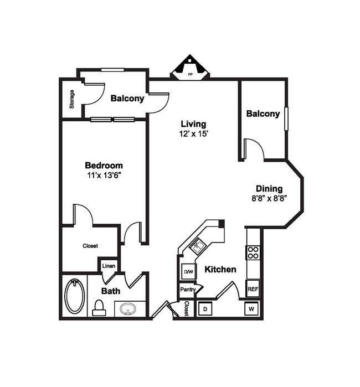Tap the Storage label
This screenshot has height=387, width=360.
[x=71, y=99]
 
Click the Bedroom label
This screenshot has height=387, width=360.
[x=104, y=165]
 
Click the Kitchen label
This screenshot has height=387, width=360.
[x=220, y=270]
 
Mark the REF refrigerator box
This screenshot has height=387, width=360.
[x=253, y=288]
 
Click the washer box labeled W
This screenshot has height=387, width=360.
[x=251, y=308]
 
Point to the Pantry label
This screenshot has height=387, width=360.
[x=187, y=290]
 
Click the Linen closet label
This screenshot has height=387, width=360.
[x=109, y=266]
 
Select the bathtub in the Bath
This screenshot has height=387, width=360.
[x=75, y=296]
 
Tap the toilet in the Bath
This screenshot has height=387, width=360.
[x=100, y=307]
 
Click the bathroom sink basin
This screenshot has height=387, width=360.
[x=130, y=308]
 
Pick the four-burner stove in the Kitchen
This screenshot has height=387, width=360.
[x=253, y=252]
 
